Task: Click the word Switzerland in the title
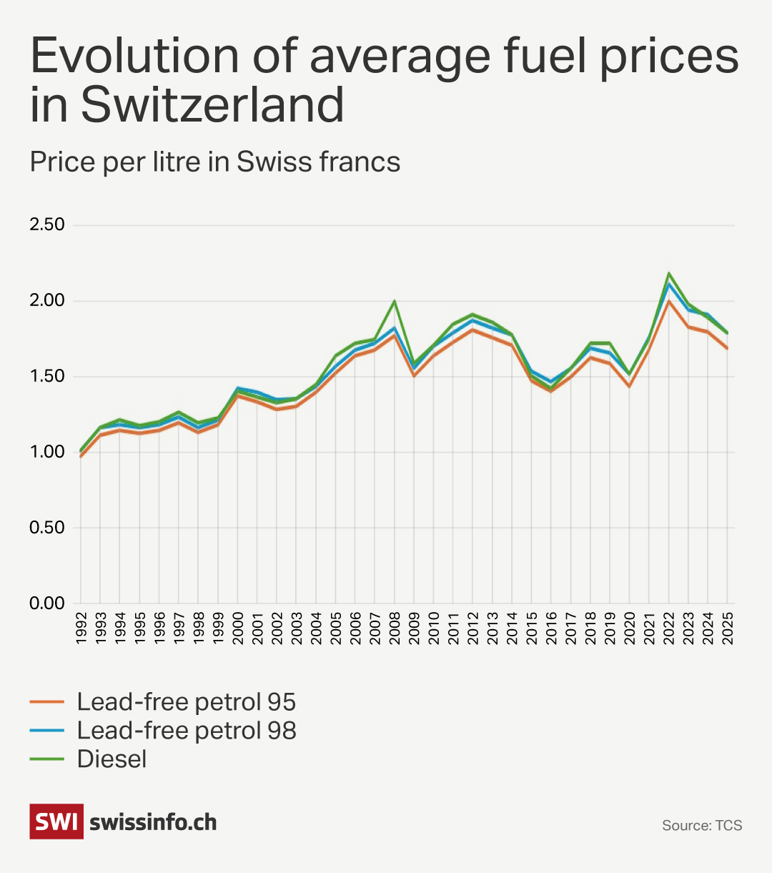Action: (x=213, y=105)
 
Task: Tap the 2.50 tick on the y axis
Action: (x=46, y=225)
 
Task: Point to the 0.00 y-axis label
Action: (x=46, y=603)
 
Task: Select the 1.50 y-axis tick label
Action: (x=46, y=376)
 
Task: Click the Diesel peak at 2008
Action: (x=394, y=301)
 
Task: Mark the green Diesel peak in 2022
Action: (x=669, y=273)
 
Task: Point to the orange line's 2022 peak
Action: (x=669, y=301)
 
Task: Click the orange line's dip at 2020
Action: (x=630, y=386)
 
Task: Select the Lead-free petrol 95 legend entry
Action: (x=186, y=702)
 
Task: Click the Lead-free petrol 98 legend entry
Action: (x=186, y=731)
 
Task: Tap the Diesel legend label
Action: (x=112, y=759)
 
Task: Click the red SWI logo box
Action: (x=56, y=822)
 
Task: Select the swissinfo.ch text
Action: (x=153, y=822)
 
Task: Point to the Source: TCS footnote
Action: (x=702, y=826)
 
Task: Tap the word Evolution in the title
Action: (x=135, y=56)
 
